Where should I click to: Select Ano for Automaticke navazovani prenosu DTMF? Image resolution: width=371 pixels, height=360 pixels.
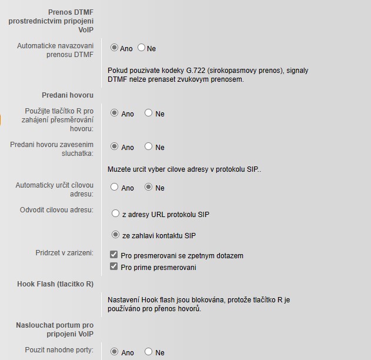(115, 48)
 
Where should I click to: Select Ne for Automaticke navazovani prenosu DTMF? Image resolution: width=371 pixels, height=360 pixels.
(141, 48)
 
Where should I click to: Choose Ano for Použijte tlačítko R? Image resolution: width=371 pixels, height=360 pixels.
(115, 113)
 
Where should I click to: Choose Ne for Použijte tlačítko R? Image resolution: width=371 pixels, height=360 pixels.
(148, 113)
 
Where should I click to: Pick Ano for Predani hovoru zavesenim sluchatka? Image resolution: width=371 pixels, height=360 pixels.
(115, 146)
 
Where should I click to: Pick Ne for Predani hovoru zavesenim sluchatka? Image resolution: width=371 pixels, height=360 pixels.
(148, 146)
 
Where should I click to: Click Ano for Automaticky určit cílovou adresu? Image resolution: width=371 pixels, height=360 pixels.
(115, 187)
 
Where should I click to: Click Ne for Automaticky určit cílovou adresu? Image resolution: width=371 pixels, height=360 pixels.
(148, 187)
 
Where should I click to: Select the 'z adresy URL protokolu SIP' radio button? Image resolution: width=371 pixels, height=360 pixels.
(115, 214)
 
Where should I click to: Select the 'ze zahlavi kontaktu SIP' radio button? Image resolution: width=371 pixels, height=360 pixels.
(115, 235)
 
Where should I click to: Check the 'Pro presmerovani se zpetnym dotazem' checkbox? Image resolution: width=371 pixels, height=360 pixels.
(114, 255)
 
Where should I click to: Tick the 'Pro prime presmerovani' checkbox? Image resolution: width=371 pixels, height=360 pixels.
(114, 267)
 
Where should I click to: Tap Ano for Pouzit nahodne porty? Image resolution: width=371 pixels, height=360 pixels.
(115, 352)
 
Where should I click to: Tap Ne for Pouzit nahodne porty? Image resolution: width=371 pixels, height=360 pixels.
(148, 352)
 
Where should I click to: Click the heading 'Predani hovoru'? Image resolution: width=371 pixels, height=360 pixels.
(68, 95)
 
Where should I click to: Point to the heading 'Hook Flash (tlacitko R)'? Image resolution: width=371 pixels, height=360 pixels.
(55, 284)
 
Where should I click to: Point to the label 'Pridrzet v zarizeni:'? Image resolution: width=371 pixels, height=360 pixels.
(64, 253)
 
